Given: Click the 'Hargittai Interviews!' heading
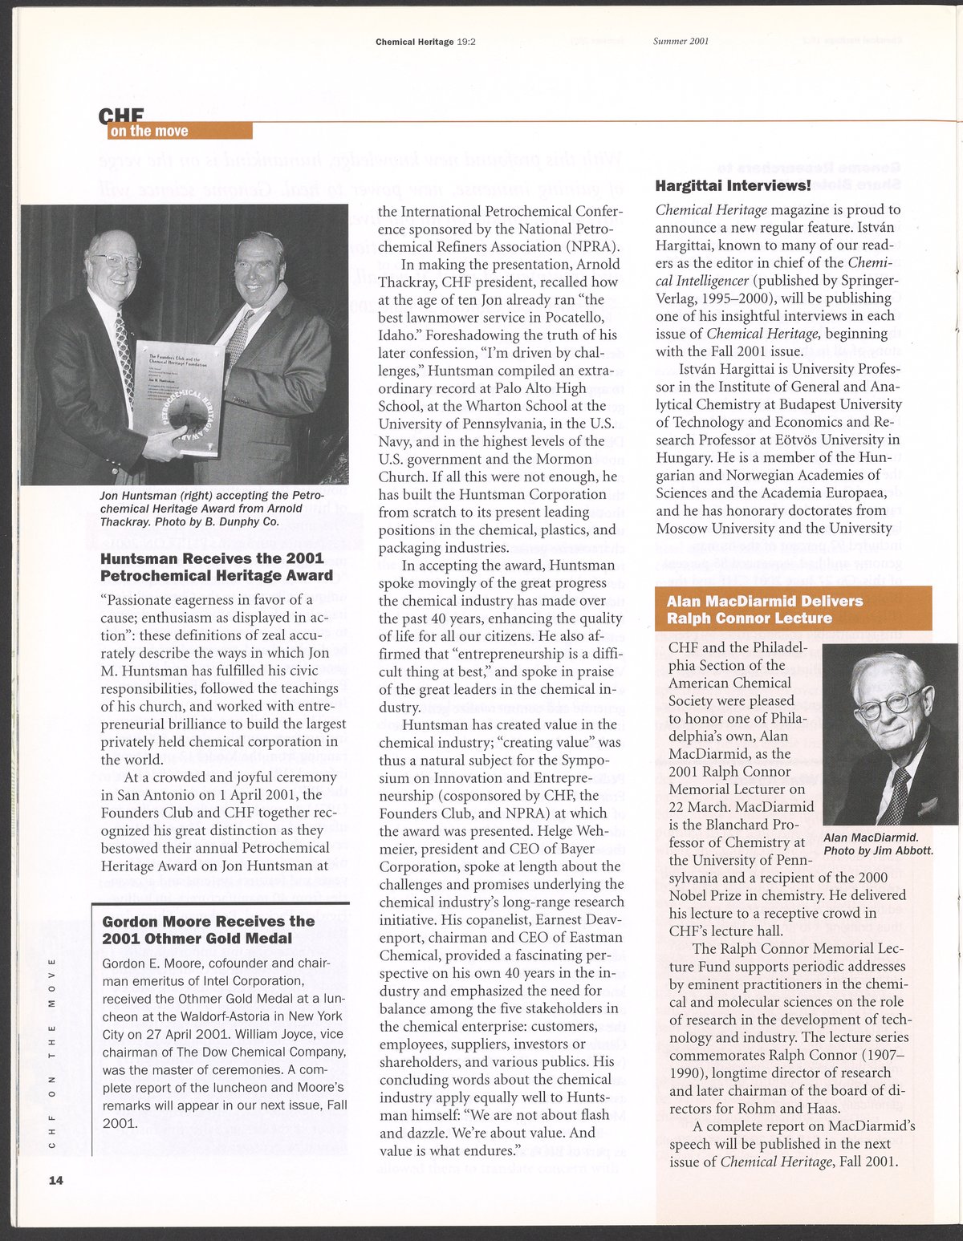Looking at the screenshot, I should coord(733,186).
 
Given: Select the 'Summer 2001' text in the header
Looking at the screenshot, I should coord(681,42).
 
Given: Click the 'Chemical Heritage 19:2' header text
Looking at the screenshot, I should coord(426,42).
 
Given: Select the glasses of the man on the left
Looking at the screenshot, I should coord(117,261).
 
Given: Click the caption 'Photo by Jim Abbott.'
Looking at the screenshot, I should coord(878,850).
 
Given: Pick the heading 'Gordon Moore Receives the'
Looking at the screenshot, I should coord(208,921).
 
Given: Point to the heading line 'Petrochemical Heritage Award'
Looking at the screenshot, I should coord(216,575).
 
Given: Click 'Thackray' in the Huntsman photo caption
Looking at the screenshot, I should coord(124,521).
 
